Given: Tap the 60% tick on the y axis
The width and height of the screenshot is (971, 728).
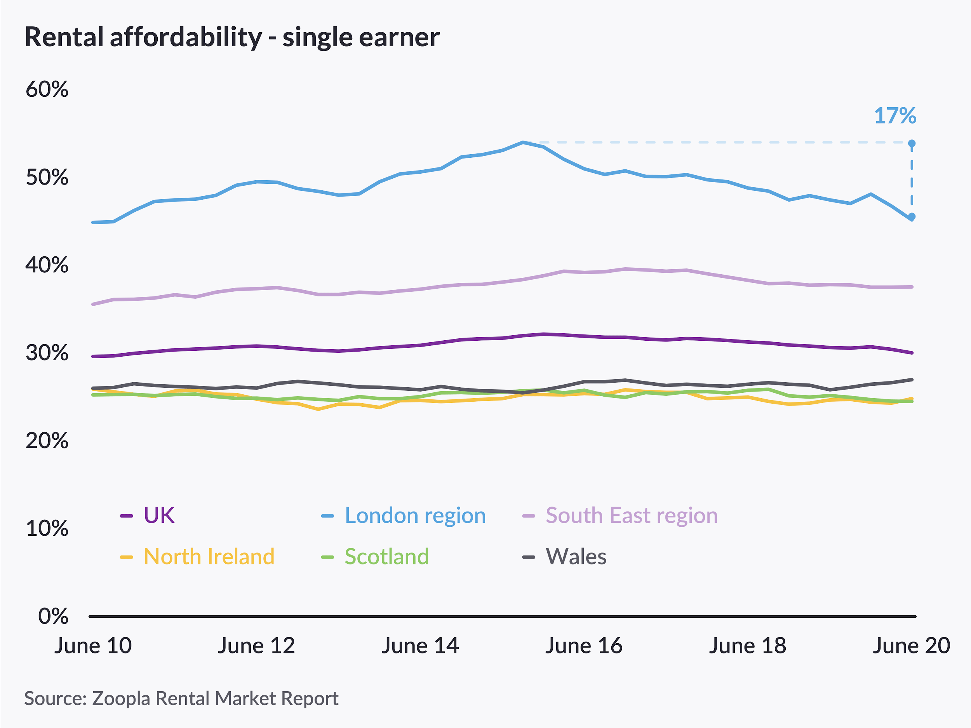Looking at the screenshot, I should [x=47, y=90].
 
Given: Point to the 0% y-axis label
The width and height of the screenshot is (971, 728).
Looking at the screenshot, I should [x=53, y=616].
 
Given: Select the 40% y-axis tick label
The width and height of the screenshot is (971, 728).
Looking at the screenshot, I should [x=47, y=265].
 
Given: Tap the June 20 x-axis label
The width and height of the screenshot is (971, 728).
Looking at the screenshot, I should [x=911, y=646].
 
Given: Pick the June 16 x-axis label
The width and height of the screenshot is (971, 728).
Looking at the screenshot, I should [x=583, y=646].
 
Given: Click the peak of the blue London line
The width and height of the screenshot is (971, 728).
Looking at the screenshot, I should [x=523, y=142].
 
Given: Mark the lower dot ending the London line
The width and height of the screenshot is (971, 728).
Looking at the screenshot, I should [x=912, y=217].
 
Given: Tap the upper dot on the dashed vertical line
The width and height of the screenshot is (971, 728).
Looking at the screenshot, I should [x=912, y=144].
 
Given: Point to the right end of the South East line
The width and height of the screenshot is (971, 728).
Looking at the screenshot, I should [x=912, y=287].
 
